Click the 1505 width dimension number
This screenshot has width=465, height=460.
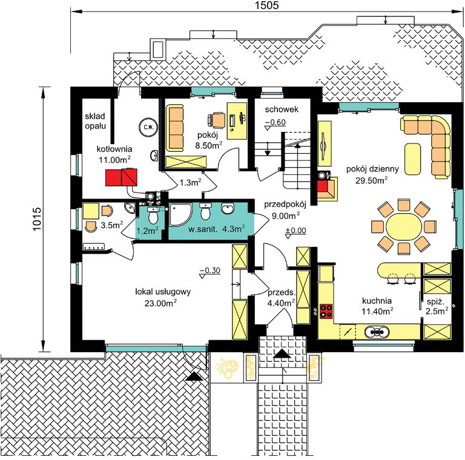(x=267, y=5)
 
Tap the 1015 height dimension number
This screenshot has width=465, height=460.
(x=37, y=219)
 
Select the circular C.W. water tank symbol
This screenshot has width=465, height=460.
(x=148, y=127)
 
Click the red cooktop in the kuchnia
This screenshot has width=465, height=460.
(x=326, y=311)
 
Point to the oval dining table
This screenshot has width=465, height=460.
(x=404, y=227)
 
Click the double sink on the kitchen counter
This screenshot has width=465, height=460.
(x=377, y=332)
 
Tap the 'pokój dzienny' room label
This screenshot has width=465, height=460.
(x=372, y=169)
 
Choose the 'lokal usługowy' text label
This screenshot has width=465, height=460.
(x=163, y=292)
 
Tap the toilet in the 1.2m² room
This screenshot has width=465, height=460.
(x=153, y=215)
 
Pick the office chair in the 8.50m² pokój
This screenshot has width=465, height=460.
(x=217, y=120)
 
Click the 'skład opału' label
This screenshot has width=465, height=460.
(x=95, y=121)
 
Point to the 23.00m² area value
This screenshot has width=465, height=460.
(x=160, y=303)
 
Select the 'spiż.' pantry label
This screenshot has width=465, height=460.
(x=436, y=302)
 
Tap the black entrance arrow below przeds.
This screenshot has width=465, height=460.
(x=282, y=353)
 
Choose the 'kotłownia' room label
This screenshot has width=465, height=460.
(x=114, y=149)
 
